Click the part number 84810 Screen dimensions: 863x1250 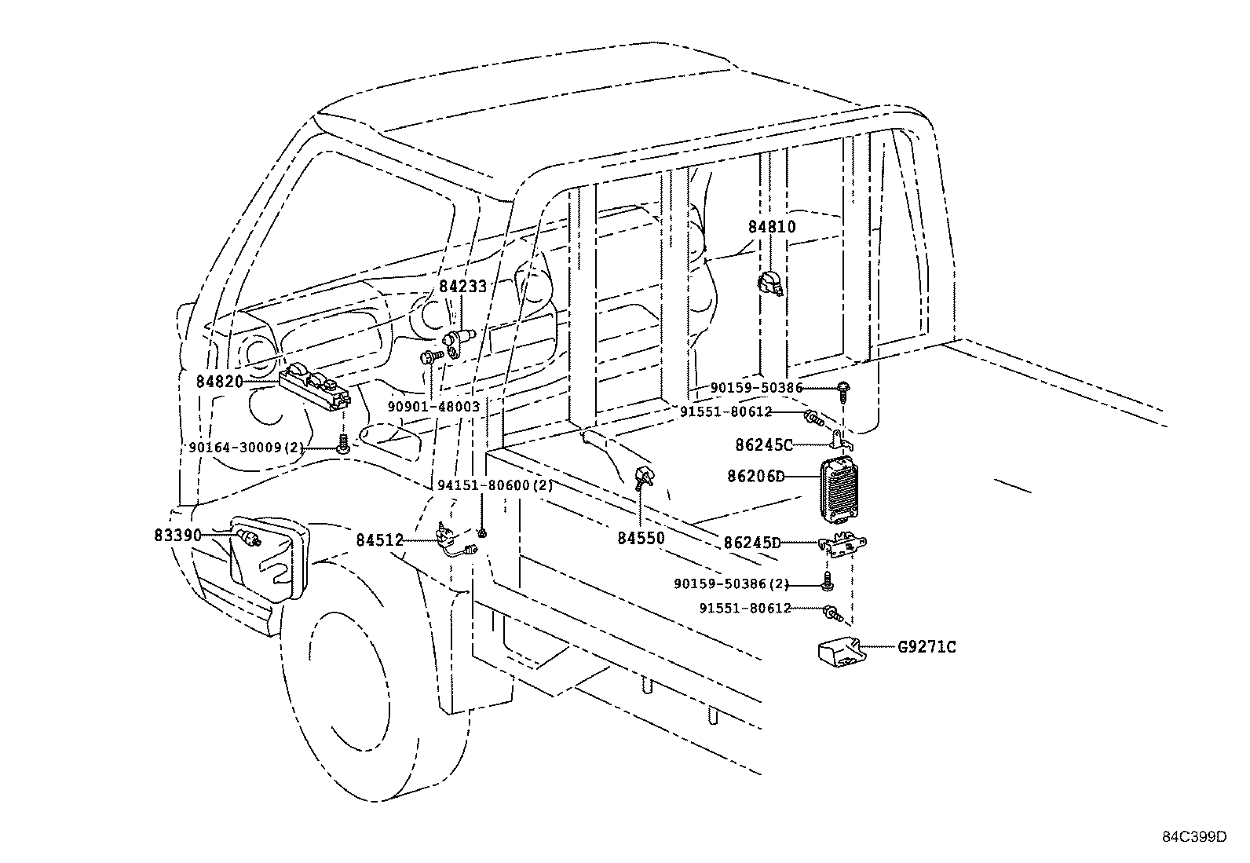[771, 227]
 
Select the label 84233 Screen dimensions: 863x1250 [462, 287]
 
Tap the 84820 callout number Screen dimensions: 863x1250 [219, 382]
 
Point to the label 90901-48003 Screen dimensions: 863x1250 [433, 407]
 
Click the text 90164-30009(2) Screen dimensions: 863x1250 [246, 447]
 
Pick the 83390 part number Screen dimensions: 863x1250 [177, 535]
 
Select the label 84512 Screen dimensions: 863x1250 [379, 540]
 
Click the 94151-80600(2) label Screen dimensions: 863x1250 [495, 485]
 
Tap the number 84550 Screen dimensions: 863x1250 [641, 538]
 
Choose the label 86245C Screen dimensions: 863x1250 [764, 444]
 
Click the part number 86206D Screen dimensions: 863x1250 [756, 476]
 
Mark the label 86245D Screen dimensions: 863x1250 [752, 542]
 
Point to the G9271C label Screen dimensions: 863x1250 [927, 648]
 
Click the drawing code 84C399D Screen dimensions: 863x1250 [1194, 836]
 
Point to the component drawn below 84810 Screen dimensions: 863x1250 [770, 284]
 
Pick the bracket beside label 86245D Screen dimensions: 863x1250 [842, 544]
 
